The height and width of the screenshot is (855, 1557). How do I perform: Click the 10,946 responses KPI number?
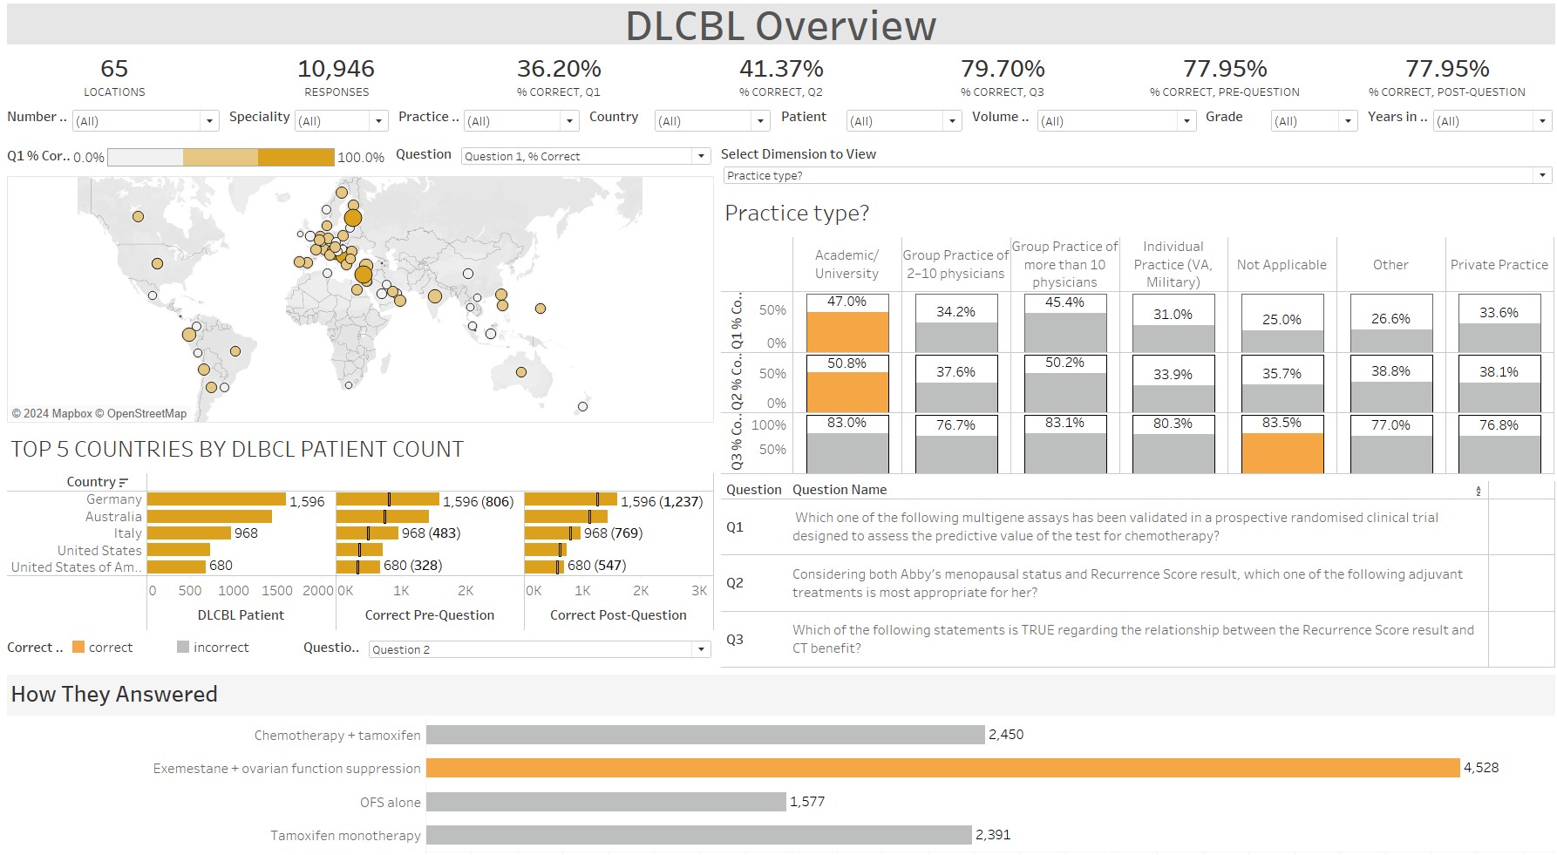[x=336, y=69]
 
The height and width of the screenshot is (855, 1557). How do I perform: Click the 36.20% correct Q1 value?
[x=558, y=69]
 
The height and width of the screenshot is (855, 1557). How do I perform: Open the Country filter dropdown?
[x=760, y=121]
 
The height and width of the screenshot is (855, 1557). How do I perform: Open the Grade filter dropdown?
[x=1348, y=121]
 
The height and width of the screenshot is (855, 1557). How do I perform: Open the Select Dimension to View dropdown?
[x=1541, y=175]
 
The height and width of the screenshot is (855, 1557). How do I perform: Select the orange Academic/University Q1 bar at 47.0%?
[x=846, y=332]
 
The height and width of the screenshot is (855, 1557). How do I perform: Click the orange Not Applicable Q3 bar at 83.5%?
[x=1282, y=453]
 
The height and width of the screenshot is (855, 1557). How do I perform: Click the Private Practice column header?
[x=1499, y=265]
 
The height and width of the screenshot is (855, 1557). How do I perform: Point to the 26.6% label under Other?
[x=1390, y=319]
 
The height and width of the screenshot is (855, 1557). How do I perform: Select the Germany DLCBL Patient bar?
[x=216, y=499]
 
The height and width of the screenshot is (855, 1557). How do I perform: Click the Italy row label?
[x=127, y=533]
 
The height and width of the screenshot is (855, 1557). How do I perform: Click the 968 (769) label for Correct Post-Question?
[x=613, y=533]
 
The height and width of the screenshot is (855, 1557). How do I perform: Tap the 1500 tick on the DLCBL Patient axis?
[x=277, y=591]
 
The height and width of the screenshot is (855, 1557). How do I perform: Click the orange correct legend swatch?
[x=78, y=648]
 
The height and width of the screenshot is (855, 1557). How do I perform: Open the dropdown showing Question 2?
[x=701, y=649]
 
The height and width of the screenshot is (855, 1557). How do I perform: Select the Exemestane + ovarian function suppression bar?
[x=942, y=768]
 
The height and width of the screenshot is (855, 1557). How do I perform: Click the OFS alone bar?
[x=606, y=802]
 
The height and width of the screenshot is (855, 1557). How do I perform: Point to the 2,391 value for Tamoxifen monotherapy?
[x=993, y=835]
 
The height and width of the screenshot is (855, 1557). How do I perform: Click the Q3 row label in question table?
[x=735, y=640]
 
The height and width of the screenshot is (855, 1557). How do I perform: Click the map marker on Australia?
[x=521, y=372]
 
